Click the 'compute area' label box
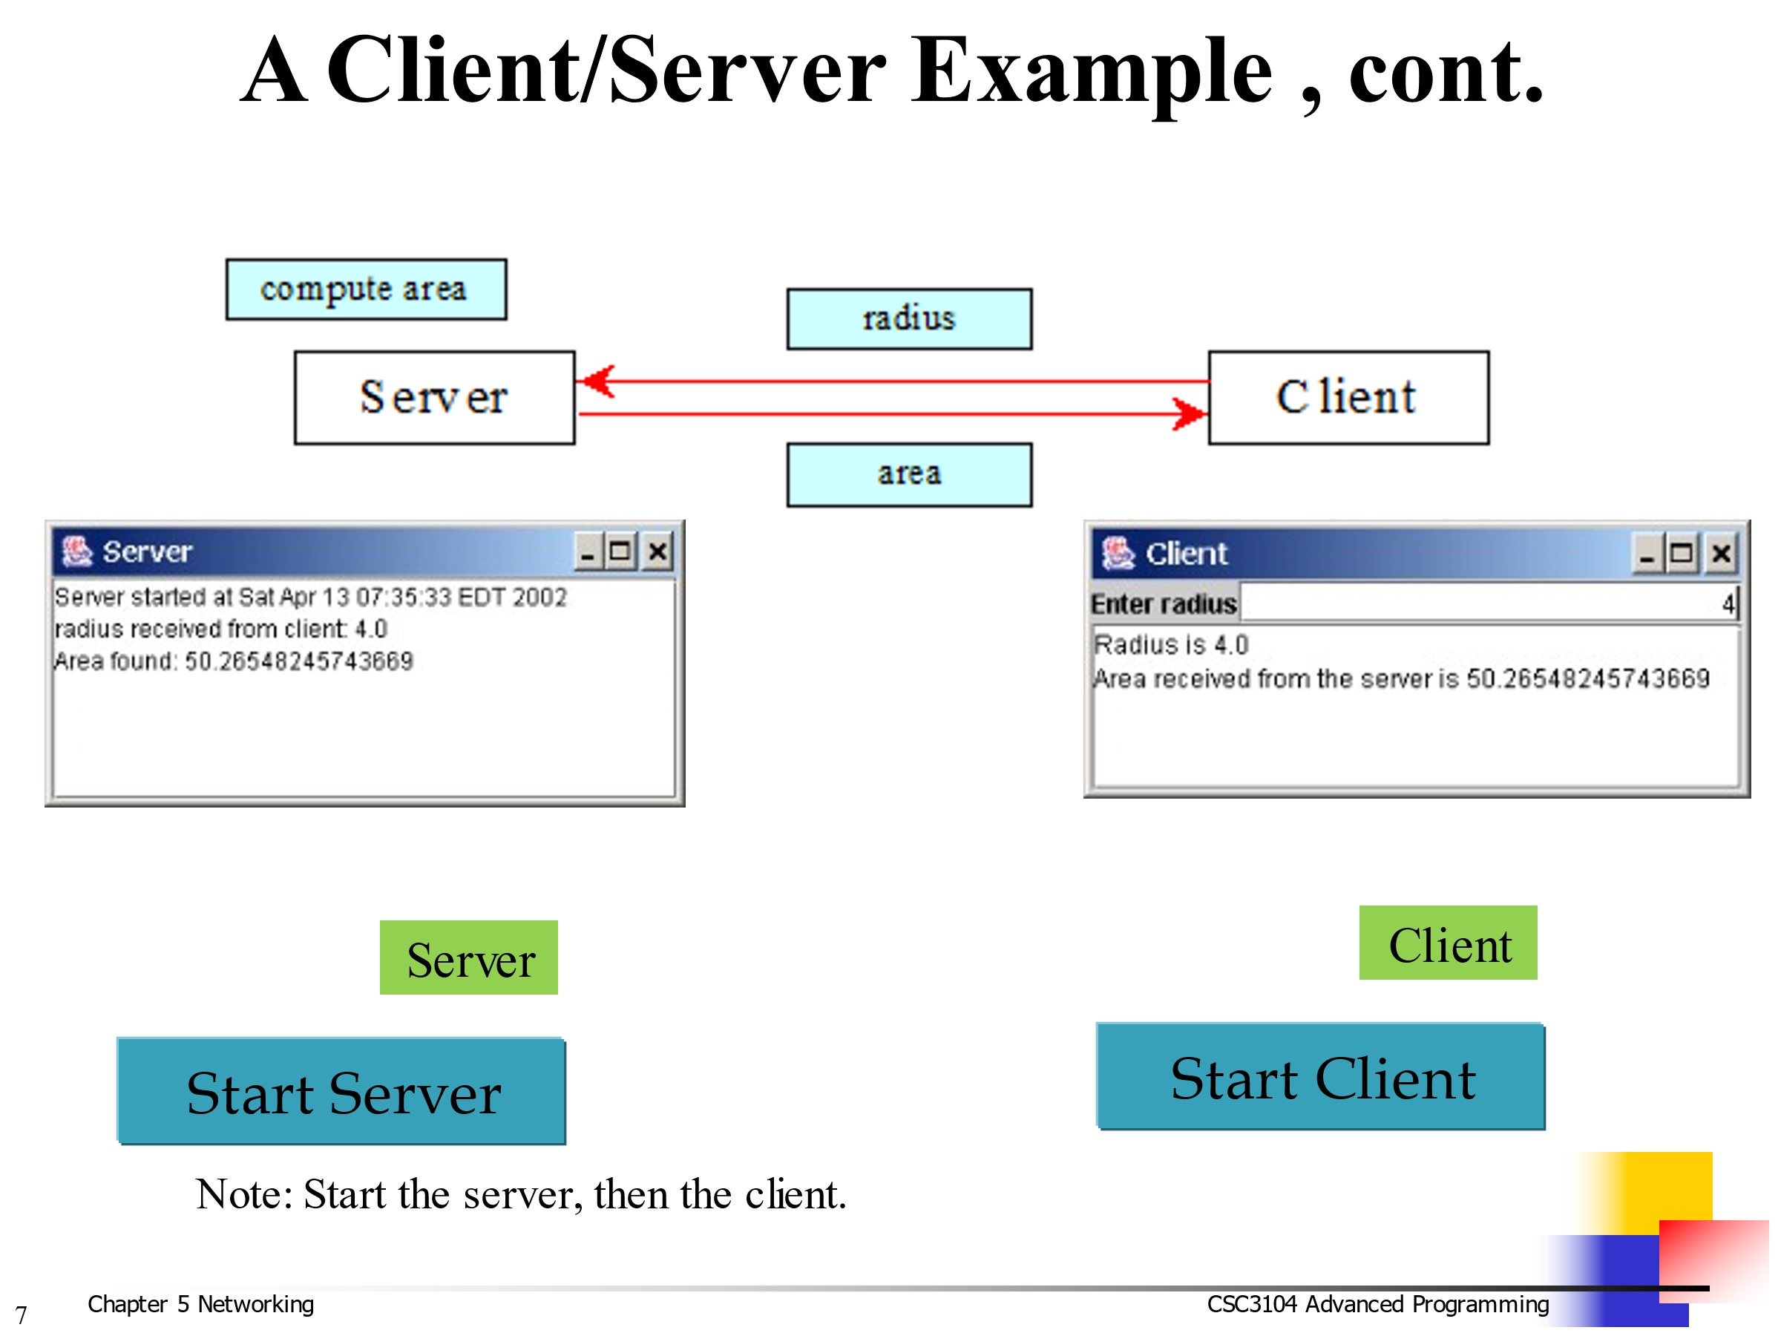pos(366,289)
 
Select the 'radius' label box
pos(909,319)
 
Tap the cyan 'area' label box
pos(909,474)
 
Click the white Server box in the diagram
pos(434,397)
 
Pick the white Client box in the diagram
pos(1348,397)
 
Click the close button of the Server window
pos(657,551)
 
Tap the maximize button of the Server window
pos(620,551)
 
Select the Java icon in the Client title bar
pos(1118,553)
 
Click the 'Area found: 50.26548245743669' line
pos(234,661)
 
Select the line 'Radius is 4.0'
pos(1171,645)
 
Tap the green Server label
pos(468,957)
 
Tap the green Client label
pos(1448,943)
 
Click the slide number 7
pos(21,1315)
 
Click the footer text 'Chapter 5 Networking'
pos(200,1304)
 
